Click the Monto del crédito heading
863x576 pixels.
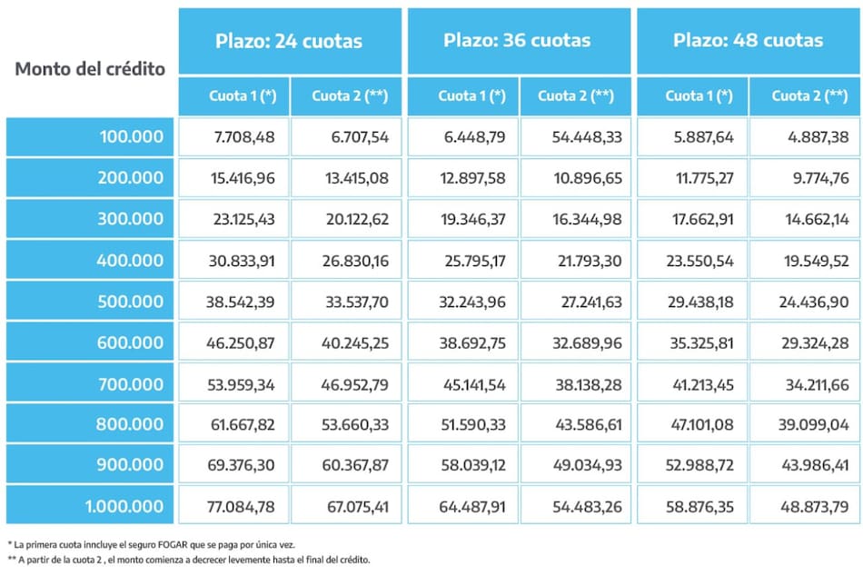pyautogui.click(x=91, y=69)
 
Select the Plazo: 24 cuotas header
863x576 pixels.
pyautogui.click(x=289, y=41)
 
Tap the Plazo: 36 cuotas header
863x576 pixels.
pyautogui.click(x=517, y=41)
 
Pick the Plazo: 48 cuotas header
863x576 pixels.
pyautogui.click(x=748, y=41)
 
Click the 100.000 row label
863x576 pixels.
pyautogui.click(x=132, y=137)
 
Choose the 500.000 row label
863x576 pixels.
pyautogui.click(x=132, y=301)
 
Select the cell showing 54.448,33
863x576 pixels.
pyautogui.click(x=587, y=137)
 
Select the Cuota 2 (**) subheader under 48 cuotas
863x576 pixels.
pyautogui.click(x=804, y=96)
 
